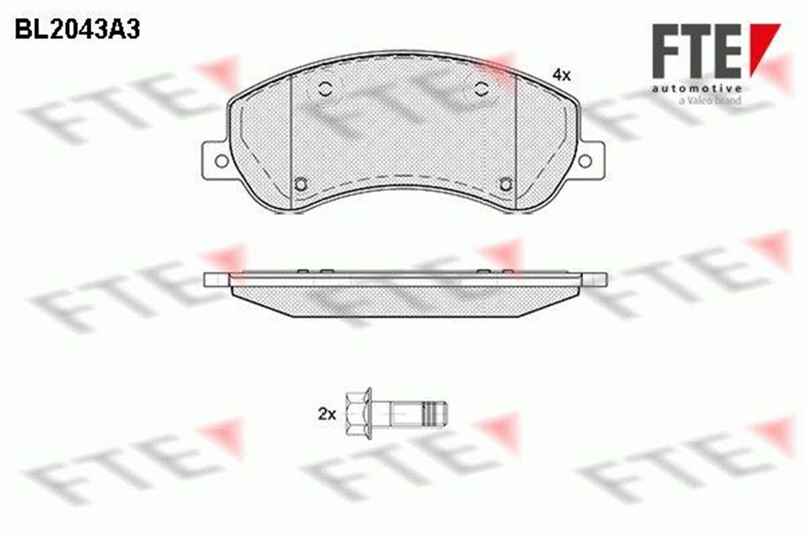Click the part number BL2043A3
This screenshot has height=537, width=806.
tap(77, 29)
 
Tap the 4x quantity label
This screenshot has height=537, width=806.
tap(562, 76)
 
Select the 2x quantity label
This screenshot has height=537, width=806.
tap(326, 415)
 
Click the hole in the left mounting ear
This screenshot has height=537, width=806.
tap(222, 161)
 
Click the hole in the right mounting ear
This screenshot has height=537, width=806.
tap(585, 161)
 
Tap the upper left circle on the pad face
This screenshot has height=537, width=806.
tap(325, 88)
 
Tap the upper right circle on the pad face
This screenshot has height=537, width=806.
tap(482, 88)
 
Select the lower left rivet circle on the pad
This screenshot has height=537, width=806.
tap(301, 185)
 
